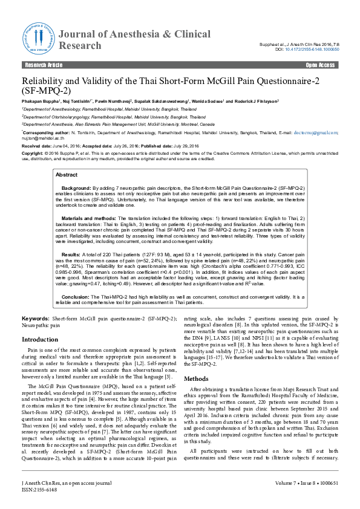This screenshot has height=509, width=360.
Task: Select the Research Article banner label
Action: tap(43, 64)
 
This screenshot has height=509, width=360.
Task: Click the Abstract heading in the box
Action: tap(67, 174)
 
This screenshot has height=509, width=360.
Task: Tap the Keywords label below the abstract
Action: tap(35, 318)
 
